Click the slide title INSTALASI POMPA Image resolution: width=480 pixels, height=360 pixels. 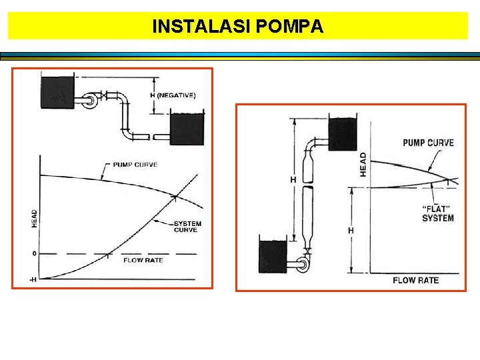pos(238,26)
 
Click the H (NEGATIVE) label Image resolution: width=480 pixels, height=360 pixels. pos(173,95)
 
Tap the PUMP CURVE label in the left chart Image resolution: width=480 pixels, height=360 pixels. pos(135,164)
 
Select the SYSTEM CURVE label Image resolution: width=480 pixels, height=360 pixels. pos(187,227)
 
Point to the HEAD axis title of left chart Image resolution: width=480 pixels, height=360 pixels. pos(35,218)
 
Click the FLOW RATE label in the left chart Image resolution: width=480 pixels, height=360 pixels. pos(143,260)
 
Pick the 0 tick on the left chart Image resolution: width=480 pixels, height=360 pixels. pos(33,254)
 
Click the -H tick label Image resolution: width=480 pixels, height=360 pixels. pos(33,279)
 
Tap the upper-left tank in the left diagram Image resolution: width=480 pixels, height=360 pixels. pos(57,93)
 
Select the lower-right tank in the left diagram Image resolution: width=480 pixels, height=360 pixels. pos(187,129)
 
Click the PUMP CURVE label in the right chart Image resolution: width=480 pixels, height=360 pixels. pos(428,143)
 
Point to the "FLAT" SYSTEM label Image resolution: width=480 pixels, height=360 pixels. pos(438,213)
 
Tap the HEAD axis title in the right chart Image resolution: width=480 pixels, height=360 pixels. pos(363,165)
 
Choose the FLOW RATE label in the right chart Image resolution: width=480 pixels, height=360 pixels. pos(415,280)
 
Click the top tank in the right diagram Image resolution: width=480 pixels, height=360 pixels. pos(343,134)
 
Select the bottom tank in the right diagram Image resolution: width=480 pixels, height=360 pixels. pos(272,256)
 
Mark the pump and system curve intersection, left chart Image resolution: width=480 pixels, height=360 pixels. pos(175,196)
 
